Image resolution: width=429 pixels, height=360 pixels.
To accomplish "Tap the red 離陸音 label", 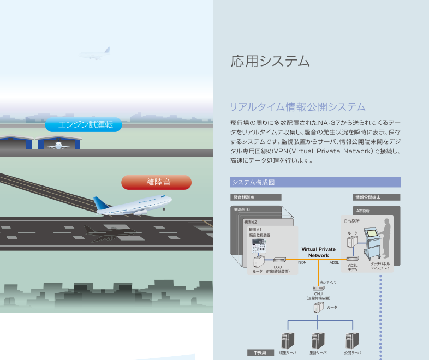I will coord(156,182).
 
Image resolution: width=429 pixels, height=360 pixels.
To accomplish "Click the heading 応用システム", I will coord(270,61).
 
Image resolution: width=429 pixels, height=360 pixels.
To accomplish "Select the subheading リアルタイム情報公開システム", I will coord(297,106).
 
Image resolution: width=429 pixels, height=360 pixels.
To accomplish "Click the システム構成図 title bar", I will coord(315,182).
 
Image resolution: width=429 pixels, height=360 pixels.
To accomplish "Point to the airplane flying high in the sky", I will coord(96,53).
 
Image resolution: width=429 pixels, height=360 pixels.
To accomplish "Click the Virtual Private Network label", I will coord(319,252).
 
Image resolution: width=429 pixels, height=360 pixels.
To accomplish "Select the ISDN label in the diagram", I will coord(302,262).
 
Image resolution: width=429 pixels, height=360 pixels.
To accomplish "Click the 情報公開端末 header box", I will coord(377,197).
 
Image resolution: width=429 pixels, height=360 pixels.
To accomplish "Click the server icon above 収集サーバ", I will coord(288,340).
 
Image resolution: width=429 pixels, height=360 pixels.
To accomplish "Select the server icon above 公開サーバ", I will coord(351,340).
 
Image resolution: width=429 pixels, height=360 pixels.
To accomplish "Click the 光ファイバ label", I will coord(327,282).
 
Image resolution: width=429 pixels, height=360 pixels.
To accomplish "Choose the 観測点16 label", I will coord(242,209).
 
